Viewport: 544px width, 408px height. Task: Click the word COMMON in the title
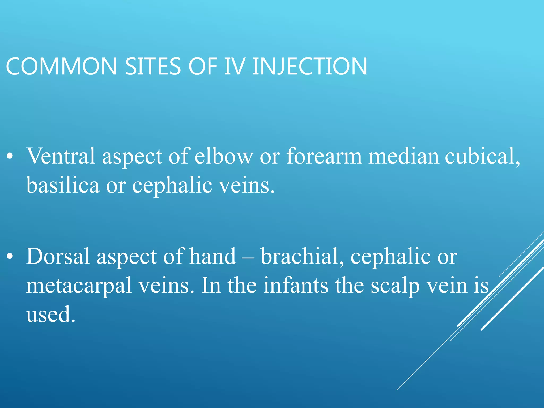click(61, 66)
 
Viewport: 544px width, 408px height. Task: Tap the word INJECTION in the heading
click(310, 66)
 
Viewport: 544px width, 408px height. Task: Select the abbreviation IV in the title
click(234, 66)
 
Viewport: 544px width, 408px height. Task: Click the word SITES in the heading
click(153, 66)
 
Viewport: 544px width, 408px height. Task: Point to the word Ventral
click(61, 156)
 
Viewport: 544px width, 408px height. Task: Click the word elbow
click(224, 156)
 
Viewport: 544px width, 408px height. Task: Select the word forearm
click(324, 156)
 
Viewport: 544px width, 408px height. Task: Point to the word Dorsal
click(58, 256)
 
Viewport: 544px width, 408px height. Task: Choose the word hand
click(212, 256)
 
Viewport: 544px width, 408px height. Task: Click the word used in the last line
click(50, 314)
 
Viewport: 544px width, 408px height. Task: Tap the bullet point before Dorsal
click(10, 257)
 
